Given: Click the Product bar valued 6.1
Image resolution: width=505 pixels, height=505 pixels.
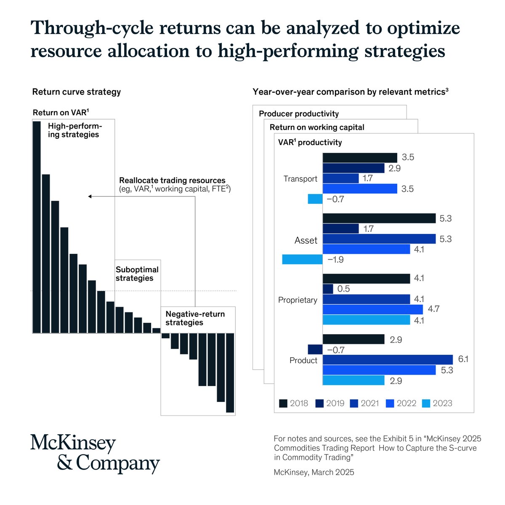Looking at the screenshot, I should tap(388, 360).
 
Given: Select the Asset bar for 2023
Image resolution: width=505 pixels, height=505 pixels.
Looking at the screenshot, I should tap(302, 259).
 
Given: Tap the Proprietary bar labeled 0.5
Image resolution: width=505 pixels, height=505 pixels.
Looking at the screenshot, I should tap(328, 289).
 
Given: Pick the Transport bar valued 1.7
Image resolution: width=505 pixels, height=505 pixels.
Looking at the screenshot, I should tap(340, 178).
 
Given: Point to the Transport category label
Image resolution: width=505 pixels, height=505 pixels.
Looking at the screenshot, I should tap(300, 179).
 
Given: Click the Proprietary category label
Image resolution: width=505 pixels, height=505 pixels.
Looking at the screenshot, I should tap(298, 300).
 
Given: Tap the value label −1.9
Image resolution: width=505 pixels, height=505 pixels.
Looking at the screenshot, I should tap(335, 260).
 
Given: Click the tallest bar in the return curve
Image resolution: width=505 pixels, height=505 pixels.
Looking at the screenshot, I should tap(37, 227).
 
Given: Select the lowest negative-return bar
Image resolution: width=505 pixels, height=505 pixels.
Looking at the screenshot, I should tap(230, 372).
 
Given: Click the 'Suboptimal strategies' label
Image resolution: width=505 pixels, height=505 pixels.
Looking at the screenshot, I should tap(137, 274).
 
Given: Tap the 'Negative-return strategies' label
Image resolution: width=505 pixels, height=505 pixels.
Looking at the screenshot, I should tap(195, 318).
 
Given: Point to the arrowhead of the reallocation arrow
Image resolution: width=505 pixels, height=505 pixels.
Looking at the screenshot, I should tap(89, 197).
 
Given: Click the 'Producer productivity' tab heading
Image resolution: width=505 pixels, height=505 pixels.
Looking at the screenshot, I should tap(298, 114).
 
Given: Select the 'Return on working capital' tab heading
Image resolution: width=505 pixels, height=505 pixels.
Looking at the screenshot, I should tap(317, 127).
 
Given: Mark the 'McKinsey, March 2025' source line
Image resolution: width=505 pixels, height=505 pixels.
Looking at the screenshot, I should tap(314, 472).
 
